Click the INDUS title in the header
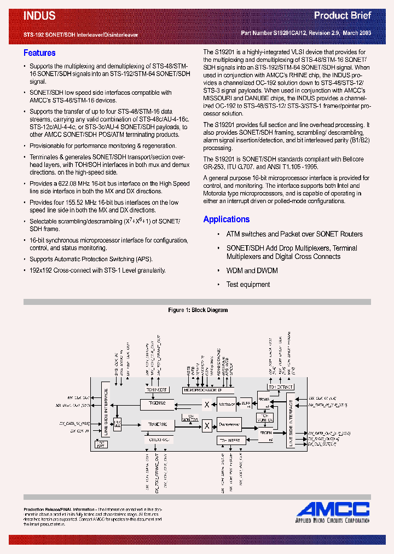tap(39, 16)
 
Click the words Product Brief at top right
tap(343, 15)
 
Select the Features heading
tap(39, 53)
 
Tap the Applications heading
tap(226, 219)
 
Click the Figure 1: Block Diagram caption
tap(198, 310)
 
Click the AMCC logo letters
tap(334, 509)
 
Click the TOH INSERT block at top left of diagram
tap(157, 390)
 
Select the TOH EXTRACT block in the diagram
tap(281, 387)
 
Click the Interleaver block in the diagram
tap(225, 405)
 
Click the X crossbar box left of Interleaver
tap(206, 405)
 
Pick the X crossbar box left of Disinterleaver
tap(206, 425)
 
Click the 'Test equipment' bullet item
tap(248, 285)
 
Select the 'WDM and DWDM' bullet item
tap(252, 270)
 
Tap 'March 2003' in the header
tap(357, 33)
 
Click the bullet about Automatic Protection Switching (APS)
tap(91, 259)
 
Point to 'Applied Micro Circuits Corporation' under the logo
tap(333, 520)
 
